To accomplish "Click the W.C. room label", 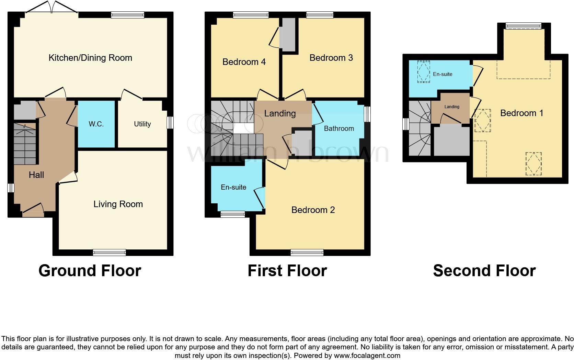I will click(96, 124).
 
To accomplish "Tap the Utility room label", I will click(142, 124).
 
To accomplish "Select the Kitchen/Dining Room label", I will click(90, 58).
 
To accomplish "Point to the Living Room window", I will click(109, 253).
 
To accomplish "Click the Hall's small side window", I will click(11, 188).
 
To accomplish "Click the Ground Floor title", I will click(90, 271).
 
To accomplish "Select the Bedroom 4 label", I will click(244, 62).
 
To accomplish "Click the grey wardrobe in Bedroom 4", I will click(288, 34).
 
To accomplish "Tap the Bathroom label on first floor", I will click(338, 128).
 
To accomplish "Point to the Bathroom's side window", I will click(367, 114).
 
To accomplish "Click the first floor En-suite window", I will click(232, 214).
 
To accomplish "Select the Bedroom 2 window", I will click(307, 253).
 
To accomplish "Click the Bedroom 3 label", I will click(331, 58).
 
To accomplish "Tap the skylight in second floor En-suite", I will click(423, 71).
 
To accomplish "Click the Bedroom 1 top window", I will click(523, 26).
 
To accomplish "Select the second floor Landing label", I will click(452, 107).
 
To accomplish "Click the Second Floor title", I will click(484, 271).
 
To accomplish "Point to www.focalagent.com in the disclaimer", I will click(367, 356).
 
